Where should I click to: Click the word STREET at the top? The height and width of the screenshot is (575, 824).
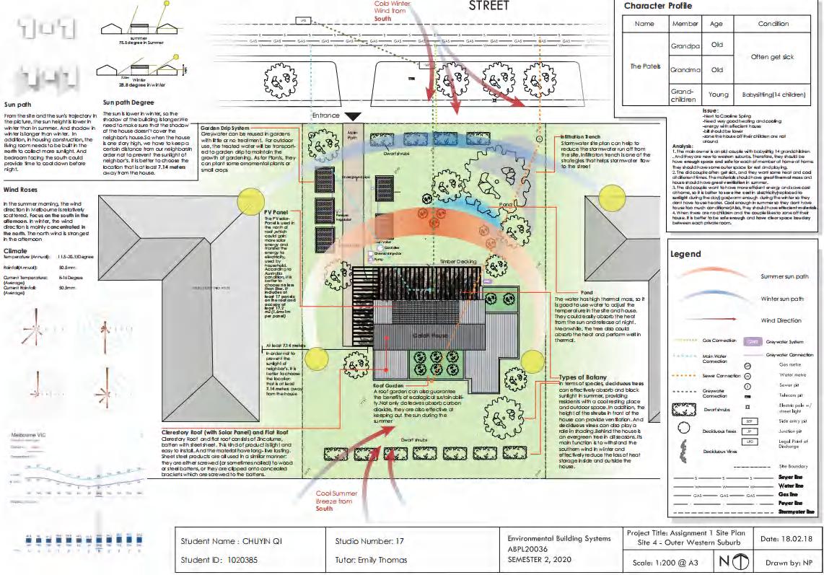(x=488, y=6)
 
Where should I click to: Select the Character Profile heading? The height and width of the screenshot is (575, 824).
(x=657, y=6)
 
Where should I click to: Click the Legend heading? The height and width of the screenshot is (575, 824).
(x=685, y=254)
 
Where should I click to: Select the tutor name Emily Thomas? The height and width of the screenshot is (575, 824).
(x=386, y=559)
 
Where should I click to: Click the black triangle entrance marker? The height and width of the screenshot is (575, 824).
(x=353, y=116)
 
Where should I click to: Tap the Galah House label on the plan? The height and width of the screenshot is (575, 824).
(x=410, y=336)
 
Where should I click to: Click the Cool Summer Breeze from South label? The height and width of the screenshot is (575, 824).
(x=337, y=501)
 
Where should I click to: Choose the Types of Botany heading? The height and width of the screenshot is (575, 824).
(x=583, y=377)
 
